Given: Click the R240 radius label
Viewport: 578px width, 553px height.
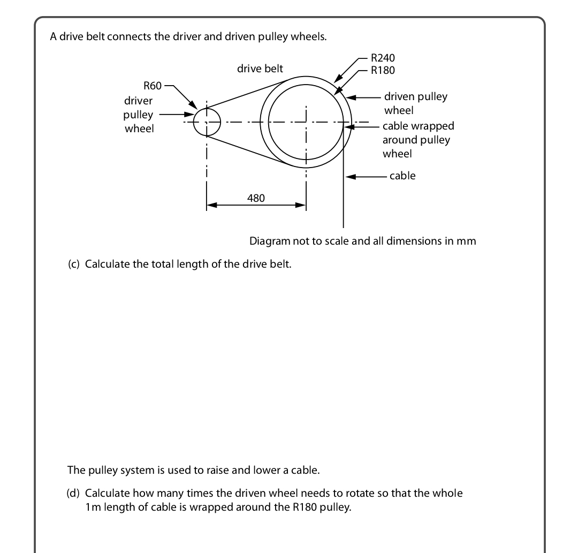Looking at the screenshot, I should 383,58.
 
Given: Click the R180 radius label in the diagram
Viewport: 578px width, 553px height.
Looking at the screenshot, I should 383,70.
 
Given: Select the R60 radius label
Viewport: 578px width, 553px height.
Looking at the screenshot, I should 153,86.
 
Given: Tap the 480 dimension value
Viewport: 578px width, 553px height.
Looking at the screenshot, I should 256,198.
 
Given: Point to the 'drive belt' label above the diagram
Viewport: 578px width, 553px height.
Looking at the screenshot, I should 260,69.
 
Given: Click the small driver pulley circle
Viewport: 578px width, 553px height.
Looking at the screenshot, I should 207,122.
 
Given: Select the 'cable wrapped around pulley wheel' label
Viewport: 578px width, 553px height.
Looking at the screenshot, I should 417,140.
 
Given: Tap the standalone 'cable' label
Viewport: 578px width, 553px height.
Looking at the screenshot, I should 402,176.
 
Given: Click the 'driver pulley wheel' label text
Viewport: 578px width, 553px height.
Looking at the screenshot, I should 139,115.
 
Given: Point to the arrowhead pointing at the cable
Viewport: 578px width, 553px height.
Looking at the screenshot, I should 351,176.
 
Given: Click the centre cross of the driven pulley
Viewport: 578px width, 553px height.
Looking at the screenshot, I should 306,122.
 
